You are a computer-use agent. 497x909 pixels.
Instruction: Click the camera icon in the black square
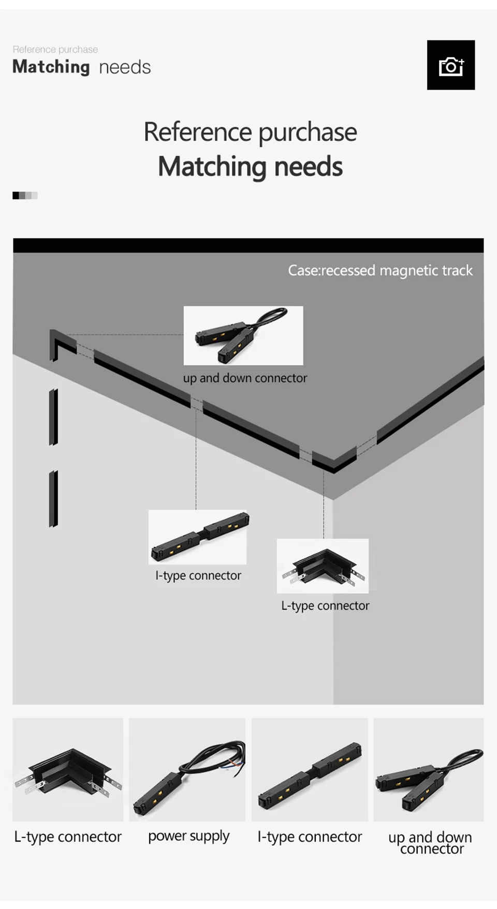click(x=451, y=66)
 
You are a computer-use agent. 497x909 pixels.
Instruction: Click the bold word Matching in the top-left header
click(x=51, y=67)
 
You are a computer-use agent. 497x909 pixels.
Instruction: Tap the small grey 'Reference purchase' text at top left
click(x=55, y=49)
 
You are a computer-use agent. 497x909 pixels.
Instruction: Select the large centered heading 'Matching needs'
click(x=250, y=166)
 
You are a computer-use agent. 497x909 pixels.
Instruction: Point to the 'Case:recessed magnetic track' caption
click(x=380, y=271)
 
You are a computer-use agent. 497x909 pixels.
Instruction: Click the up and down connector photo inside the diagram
click(x=243, y=335)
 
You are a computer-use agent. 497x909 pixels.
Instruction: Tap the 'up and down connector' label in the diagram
click(x=245, y=378)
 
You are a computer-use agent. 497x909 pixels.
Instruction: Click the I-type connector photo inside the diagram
click(x=198, y=537)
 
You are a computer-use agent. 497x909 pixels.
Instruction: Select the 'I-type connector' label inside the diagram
click(x=198, y=575)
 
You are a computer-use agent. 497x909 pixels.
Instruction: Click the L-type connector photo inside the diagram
click(x=323, y=566)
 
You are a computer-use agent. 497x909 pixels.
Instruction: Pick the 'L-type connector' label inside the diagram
click(x=325, y=605)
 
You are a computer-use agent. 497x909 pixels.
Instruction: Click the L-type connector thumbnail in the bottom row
click(x=68, y=769)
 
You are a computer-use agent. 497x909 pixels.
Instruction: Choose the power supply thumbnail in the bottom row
click(x=187, y=769)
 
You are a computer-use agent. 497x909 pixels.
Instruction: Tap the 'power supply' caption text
click(x=188, y=836)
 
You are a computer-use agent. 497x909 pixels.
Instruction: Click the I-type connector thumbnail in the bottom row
click(x=310, y=769)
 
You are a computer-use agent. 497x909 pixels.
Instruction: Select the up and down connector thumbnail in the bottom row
click(x=429, y=769)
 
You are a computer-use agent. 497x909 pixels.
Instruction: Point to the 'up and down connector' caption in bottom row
click(x=430, y=842)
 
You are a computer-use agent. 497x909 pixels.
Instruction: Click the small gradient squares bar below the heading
click(x=25, y=196)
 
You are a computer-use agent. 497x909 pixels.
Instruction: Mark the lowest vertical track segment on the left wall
click(x=53, y=499)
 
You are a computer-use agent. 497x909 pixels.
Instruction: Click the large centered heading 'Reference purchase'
click(x=250, y=132)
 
